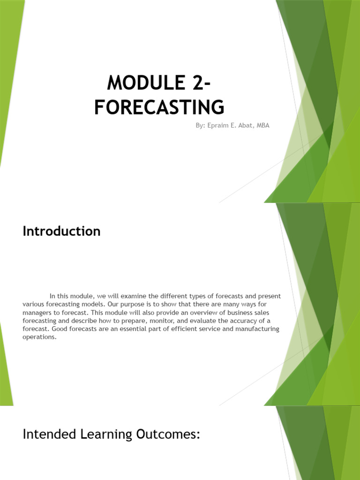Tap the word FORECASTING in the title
(159, 107)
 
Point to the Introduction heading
(61, 231)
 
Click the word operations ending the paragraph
(39, 337)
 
